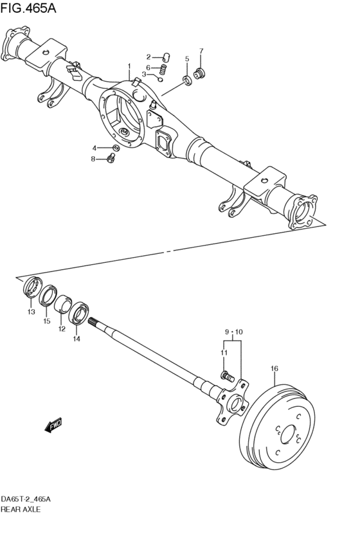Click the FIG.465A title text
tap(30, 8)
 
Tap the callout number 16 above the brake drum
tap(274, 368)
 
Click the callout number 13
tap(30, 312)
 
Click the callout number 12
tap(62, 329)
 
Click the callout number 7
tap(201, 51)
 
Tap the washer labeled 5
tap(188, 80)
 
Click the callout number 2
tap(148, 57)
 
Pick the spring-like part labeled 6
tap(163, 69)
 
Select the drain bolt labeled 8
tap(111, 158)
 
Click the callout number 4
tap(94, 147)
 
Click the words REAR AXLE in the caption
tap(21, 508)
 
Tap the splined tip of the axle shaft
tap(94, 323)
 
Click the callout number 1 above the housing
tap(129, 66)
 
